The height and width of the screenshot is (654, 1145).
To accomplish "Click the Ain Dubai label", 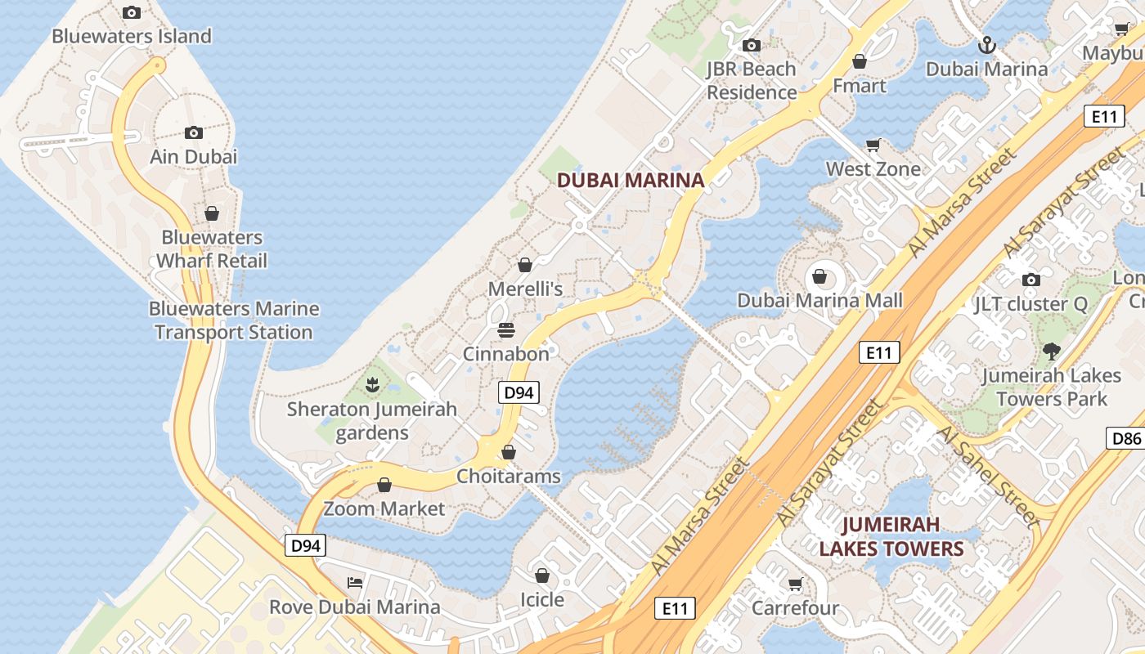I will point(193,156).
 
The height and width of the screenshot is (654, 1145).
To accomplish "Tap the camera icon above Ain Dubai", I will point(193,132).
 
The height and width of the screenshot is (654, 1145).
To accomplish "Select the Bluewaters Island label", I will point(132,36).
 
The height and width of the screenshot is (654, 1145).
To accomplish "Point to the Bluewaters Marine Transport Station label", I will point(234,320).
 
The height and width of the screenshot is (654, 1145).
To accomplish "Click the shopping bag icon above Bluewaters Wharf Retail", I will point(212,213).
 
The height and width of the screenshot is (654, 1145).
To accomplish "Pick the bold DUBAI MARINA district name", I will point(630,180).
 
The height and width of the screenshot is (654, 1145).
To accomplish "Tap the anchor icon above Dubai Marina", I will point(987,45).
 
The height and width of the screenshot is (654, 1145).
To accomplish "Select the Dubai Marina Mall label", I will point(819,300).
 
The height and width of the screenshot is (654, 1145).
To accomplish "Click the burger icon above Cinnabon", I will point(506,330).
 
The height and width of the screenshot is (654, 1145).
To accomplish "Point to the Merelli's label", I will point(525,289).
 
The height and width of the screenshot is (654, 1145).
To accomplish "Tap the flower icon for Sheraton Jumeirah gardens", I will point(372,383).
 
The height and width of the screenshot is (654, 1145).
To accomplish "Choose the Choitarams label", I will point(509,476).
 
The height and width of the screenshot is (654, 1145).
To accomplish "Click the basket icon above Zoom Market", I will point(384,485).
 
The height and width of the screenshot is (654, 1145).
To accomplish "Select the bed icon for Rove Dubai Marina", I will point(355,583).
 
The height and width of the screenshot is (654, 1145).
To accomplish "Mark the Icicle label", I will point(542,599).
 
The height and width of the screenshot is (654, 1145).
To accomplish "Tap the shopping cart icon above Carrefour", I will point(795,584).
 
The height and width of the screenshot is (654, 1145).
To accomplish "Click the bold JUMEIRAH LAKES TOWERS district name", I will point(891,536).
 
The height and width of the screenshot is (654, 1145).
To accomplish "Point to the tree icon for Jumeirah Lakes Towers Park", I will point(1052,352).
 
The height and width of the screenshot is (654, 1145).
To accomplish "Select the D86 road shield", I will point(1126,438).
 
